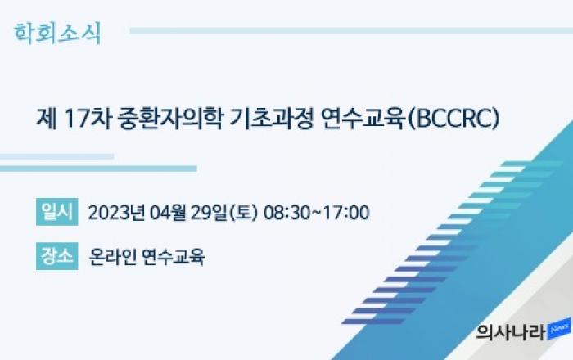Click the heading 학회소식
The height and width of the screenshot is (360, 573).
pos(57,34)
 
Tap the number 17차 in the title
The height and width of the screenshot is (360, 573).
pos(87,119)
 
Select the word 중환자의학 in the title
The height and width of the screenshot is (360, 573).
pos(170,119)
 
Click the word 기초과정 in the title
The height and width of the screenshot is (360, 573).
pos(271,119)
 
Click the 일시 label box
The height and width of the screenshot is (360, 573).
pos(57,212)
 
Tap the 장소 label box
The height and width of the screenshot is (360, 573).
pos(57,256)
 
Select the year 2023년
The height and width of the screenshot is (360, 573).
pos(116,213)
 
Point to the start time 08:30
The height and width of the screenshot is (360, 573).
pos(286,213)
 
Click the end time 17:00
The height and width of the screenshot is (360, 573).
pos(346,213)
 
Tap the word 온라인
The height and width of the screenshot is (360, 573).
pos(113,257)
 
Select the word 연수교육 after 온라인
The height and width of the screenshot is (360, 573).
pos(174,257)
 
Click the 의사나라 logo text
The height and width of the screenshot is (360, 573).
pos(512,332)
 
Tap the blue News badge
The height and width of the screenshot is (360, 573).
pos(559,329)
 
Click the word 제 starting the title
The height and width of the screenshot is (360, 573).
pos(47,119)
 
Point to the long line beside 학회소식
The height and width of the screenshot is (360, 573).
pos(351,30)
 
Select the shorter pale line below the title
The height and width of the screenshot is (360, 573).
pos(57,156)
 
